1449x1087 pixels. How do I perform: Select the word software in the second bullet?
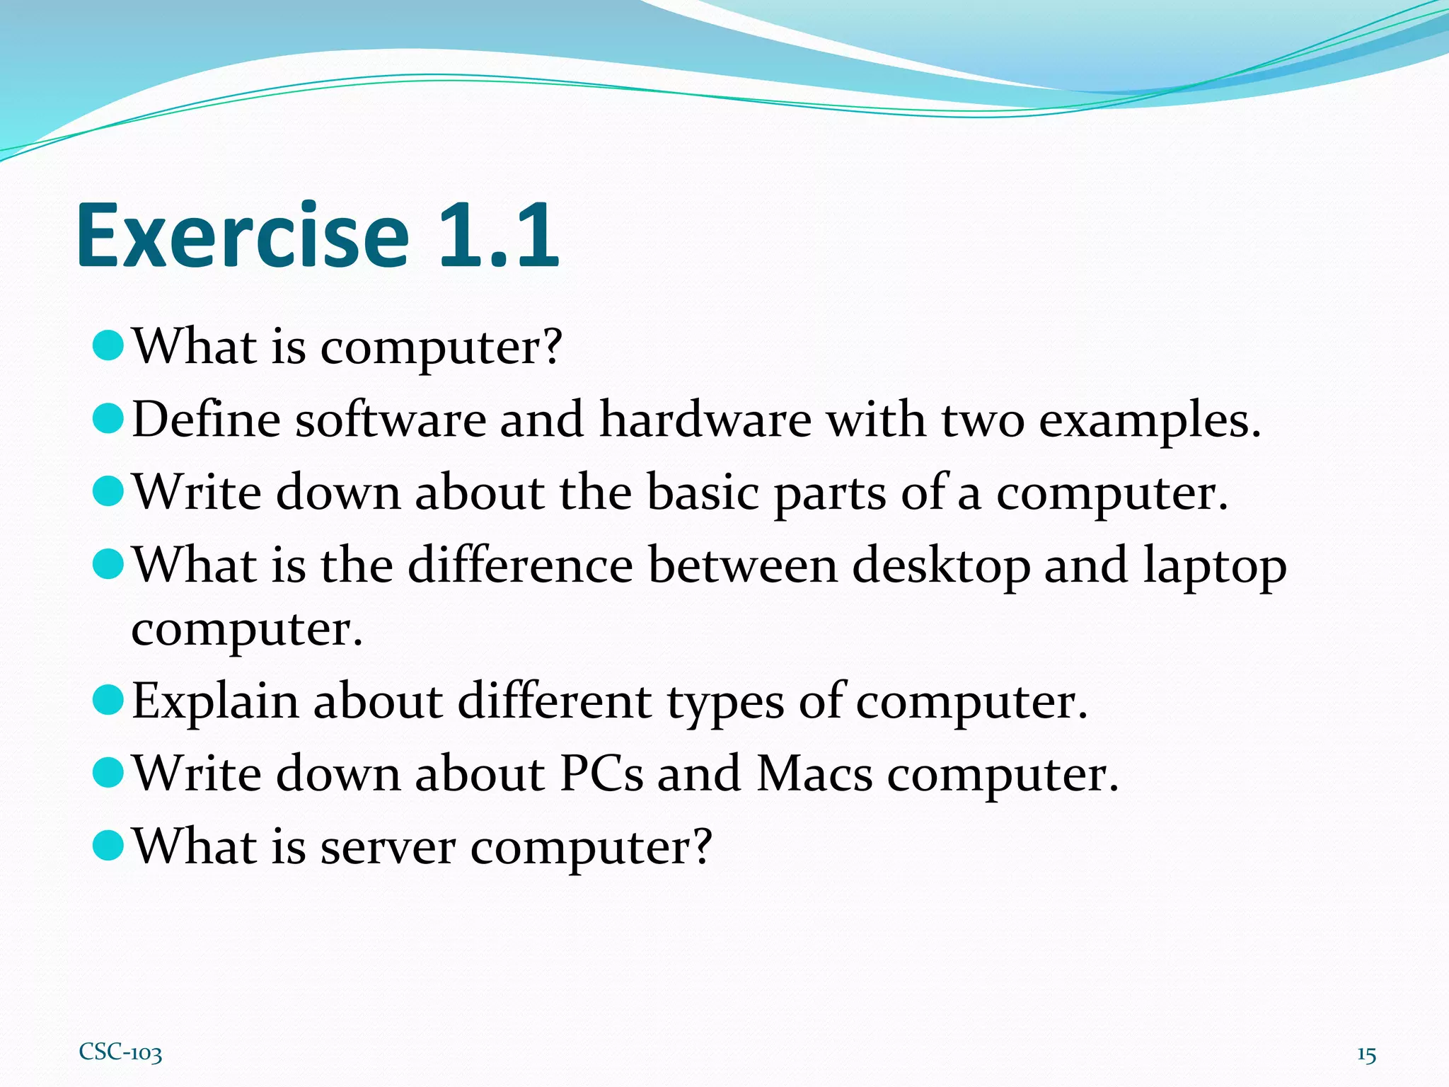click(x=391, y=419)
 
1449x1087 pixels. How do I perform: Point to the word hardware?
click(x=705, y=419)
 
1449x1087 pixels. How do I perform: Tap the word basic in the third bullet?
click(x=703, y=492)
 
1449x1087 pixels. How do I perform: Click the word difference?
click(x=520, y=565)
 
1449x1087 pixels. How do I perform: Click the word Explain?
click(x=216, y=702)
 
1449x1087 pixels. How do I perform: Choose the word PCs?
click(x=601, y=773)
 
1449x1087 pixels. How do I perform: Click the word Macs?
click(x=814, y=773)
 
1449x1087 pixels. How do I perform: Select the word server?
click(x=388, y=847)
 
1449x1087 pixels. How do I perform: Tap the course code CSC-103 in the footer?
click(x=120, y=1052)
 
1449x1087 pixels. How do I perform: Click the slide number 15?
click(x=1366, y=1054)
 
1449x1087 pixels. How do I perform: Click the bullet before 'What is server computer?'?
click(x=108, y=845)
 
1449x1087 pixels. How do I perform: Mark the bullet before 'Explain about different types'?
click(x=108, y=700)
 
